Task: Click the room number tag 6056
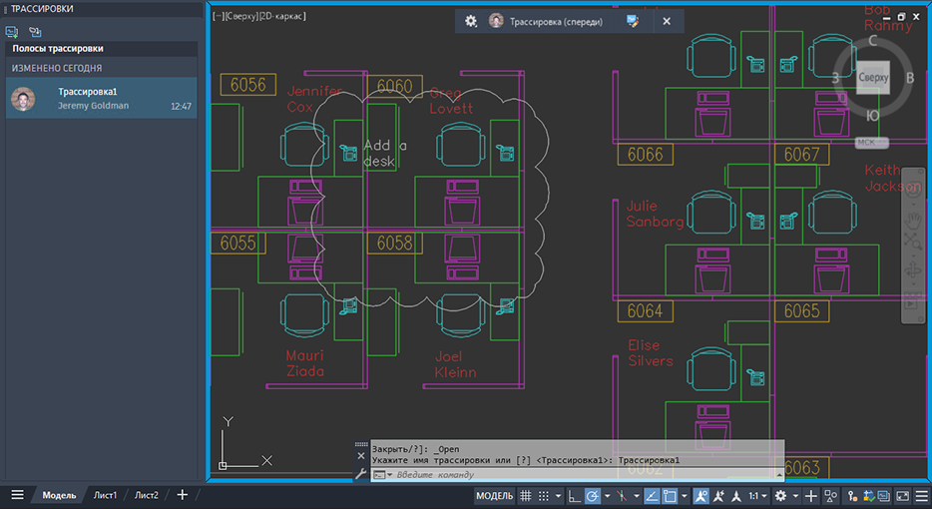coord(248,85)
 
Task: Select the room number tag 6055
coord(238,243)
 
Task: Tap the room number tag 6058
coord(395,243)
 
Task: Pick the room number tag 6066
coord(645,155)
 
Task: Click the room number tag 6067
coord(801,155)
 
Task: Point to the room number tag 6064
coord(645,311)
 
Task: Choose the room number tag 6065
coord(801,311)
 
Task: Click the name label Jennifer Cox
coord(313,99)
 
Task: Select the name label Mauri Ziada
coord(305,363)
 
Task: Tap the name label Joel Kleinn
coord(455,363)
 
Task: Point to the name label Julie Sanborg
coord(655,214)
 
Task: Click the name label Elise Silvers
coord(651,353)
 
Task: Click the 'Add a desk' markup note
coord(384,153)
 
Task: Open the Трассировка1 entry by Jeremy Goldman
coord(101,98)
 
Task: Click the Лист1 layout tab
coord(106,495)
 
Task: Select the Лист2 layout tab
coord(147,495)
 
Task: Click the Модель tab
coord(59,495)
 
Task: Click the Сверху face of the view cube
coord(873,77)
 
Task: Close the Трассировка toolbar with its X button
coord(667,21)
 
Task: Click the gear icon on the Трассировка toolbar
coord(471,21)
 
